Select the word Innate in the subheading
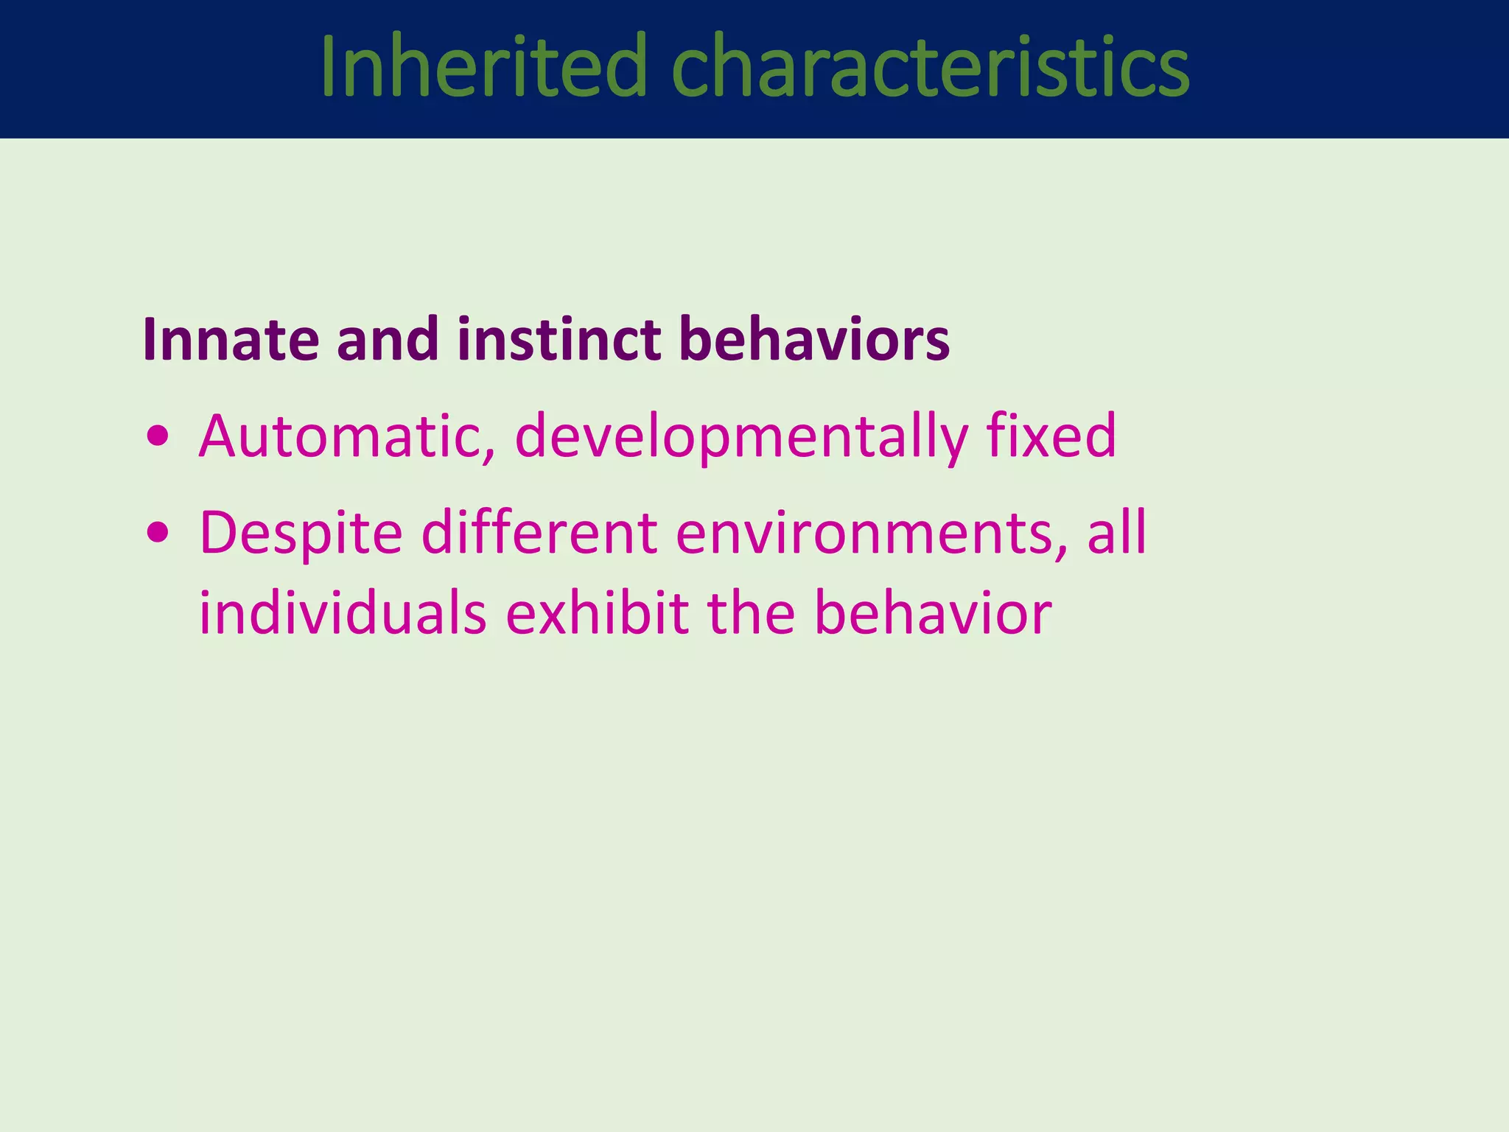[x=231, y=340]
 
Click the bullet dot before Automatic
[x=158, y=438]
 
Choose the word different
[x=539, y=532]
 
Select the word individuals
[x=343, y=613]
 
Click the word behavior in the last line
[x=933, y=613]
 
